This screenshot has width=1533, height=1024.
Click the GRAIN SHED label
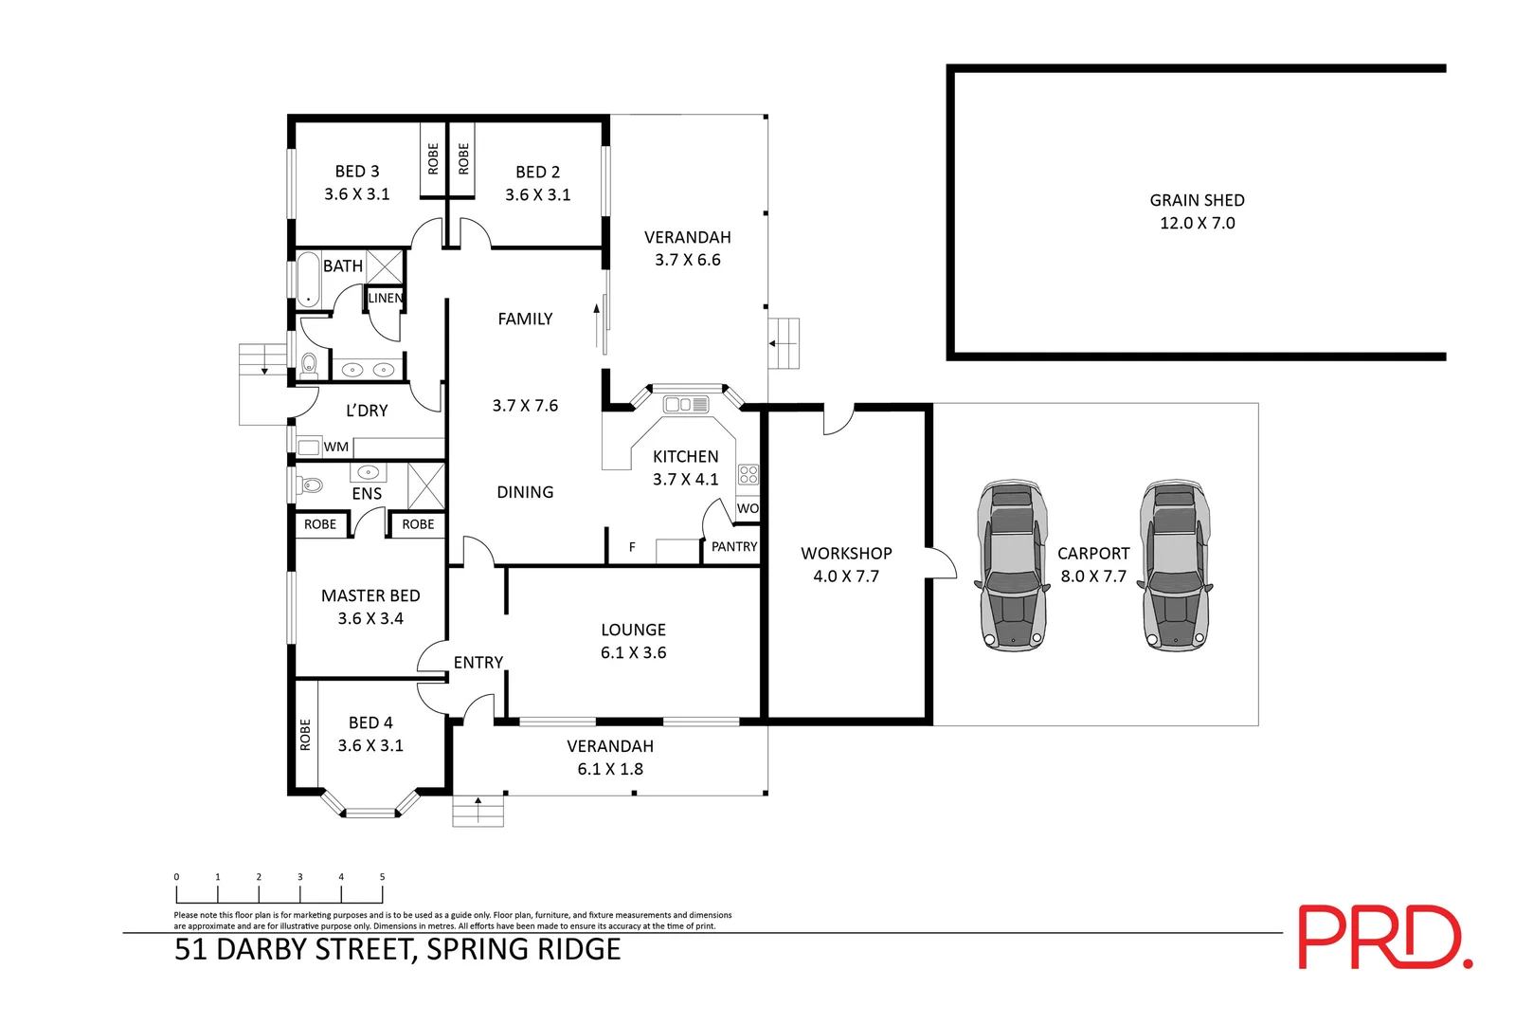(1197, 200)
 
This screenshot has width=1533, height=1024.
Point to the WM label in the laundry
(336, 447)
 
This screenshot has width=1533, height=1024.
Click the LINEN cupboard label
(385, 298)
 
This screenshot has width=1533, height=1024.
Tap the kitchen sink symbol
(686, 405)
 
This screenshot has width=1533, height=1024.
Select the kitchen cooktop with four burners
(748, 474)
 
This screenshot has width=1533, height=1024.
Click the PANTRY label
(734, 546)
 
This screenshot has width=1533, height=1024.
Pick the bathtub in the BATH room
(308, 280)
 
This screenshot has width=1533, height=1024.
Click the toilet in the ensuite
(311, 485)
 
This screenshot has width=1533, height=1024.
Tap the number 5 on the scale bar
(382, 877)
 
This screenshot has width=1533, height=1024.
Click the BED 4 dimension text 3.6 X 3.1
(370, 745)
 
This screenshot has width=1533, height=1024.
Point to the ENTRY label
(478, 663)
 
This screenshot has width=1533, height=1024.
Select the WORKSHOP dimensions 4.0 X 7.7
(846, 576)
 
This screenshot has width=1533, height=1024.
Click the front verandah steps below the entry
(478, 812)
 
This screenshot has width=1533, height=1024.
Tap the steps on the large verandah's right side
(785, 343)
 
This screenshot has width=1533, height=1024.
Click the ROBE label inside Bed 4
(305, 735)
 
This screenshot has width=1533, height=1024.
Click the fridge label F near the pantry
(632, 547)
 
